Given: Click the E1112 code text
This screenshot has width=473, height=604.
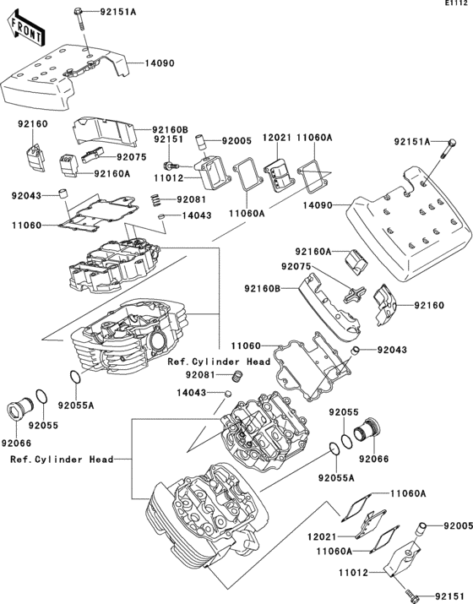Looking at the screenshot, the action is (459, 3).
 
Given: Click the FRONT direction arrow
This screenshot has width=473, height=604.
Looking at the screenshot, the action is (26, 30).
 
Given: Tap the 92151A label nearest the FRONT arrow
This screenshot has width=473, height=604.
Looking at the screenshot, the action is (118, 12).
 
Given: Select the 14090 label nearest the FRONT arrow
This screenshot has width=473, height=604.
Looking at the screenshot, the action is (160, 63).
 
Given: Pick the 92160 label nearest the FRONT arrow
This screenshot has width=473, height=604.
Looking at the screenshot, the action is (33, 124).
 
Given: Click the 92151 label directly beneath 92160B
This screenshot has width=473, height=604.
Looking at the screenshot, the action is (169, 139).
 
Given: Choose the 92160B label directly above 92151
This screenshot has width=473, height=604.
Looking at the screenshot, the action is (170, 130).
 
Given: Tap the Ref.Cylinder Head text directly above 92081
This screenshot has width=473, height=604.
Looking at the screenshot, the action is (219, 362).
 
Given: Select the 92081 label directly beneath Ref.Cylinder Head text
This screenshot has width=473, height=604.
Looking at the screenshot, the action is (200, 374).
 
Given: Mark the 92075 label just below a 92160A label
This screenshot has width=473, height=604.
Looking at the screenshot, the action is (296, 266).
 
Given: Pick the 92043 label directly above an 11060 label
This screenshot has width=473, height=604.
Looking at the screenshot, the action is (26, 196).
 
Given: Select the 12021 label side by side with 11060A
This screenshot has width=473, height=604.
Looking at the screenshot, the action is (278, 138).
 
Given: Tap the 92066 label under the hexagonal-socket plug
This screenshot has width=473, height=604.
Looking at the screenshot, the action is (16, 443).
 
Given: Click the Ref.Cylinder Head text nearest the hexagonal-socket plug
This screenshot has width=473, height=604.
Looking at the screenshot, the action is (62, 460).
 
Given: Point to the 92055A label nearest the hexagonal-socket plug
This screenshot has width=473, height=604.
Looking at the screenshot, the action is (76, 405).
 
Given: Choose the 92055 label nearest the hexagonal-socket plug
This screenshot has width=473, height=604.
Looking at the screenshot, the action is (43, 425).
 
